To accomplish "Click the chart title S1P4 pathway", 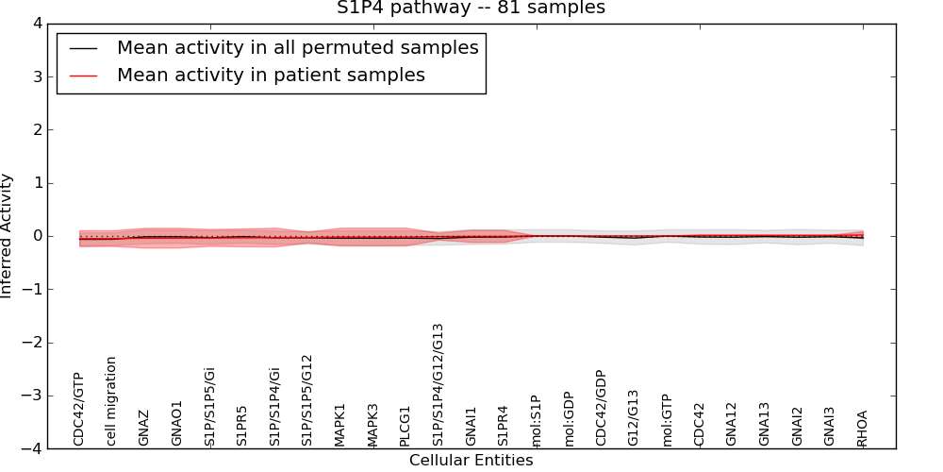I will tap(471, 8).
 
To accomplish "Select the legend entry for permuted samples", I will tap(297, 47).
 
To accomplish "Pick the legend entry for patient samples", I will tap(271, 75).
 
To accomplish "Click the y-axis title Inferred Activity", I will tap(8, 236).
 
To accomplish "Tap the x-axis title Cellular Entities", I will tap(471, 461).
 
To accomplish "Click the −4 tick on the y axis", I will tap(39, 449).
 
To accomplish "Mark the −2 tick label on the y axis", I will tap(39, 343).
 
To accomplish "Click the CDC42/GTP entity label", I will tap(79, 409).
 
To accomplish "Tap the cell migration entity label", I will tap(111, 401).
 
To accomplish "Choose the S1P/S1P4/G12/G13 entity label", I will tap(438, 384).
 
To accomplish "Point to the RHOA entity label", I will tap(862, 428).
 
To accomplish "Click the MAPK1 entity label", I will tap(339, 425).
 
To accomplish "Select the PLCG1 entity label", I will tap(405, 426).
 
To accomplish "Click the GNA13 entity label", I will tap(764, 424).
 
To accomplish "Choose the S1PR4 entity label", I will tap(504, 426).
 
